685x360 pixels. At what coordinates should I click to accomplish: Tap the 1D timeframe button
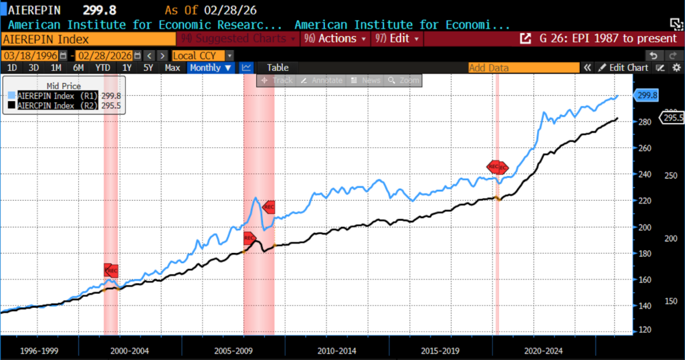point(12,68)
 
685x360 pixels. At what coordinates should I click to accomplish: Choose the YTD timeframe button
point(102,68)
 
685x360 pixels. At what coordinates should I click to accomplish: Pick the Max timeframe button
point(172,68)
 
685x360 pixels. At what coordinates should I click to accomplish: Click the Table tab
point(278,68)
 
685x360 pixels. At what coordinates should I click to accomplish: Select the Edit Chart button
point(623,68)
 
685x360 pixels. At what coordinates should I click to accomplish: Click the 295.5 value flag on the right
point(672,118)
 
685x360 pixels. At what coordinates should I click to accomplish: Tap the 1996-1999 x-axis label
point(37,350)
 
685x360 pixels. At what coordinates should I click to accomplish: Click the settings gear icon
point(676,68)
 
